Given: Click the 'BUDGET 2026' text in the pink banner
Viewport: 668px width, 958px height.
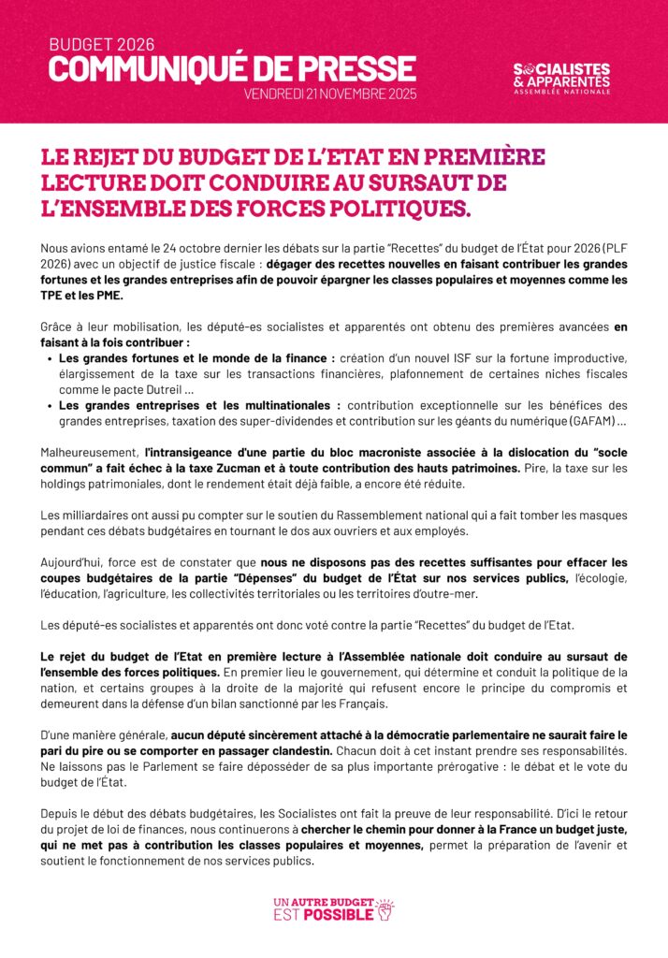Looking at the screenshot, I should coord(101,44).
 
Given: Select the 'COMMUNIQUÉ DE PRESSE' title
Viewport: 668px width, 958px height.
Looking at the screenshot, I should coord(232,68).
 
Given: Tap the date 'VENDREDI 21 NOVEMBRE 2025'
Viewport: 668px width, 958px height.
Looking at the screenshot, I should coord(330,94).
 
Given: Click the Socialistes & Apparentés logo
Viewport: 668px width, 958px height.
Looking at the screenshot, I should coord(561,79).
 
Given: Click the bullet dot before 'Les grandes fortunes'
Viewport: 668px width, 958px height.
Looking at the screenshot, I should coord(49,358).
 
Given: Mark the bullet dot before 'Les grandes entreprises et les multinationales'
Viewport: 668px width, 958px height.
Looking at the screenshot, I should coord(49,406).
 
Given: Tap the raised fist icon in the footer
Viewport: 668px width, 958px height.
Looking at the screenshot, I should coord(385,907).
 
